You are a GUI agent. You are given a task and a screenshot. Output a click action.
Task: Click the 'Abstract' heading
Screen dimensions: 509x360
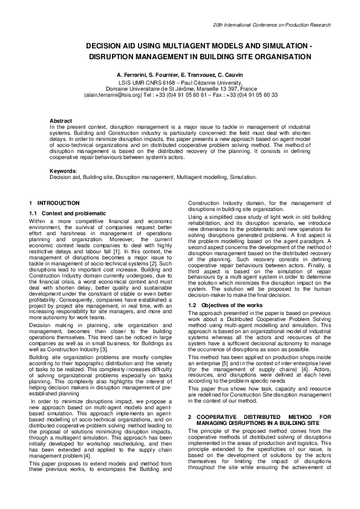click(x=61, y=121)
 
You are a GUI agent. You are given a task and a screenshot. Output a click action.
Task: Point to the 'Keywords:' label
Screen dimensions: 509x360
click(x=62, y=172)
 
